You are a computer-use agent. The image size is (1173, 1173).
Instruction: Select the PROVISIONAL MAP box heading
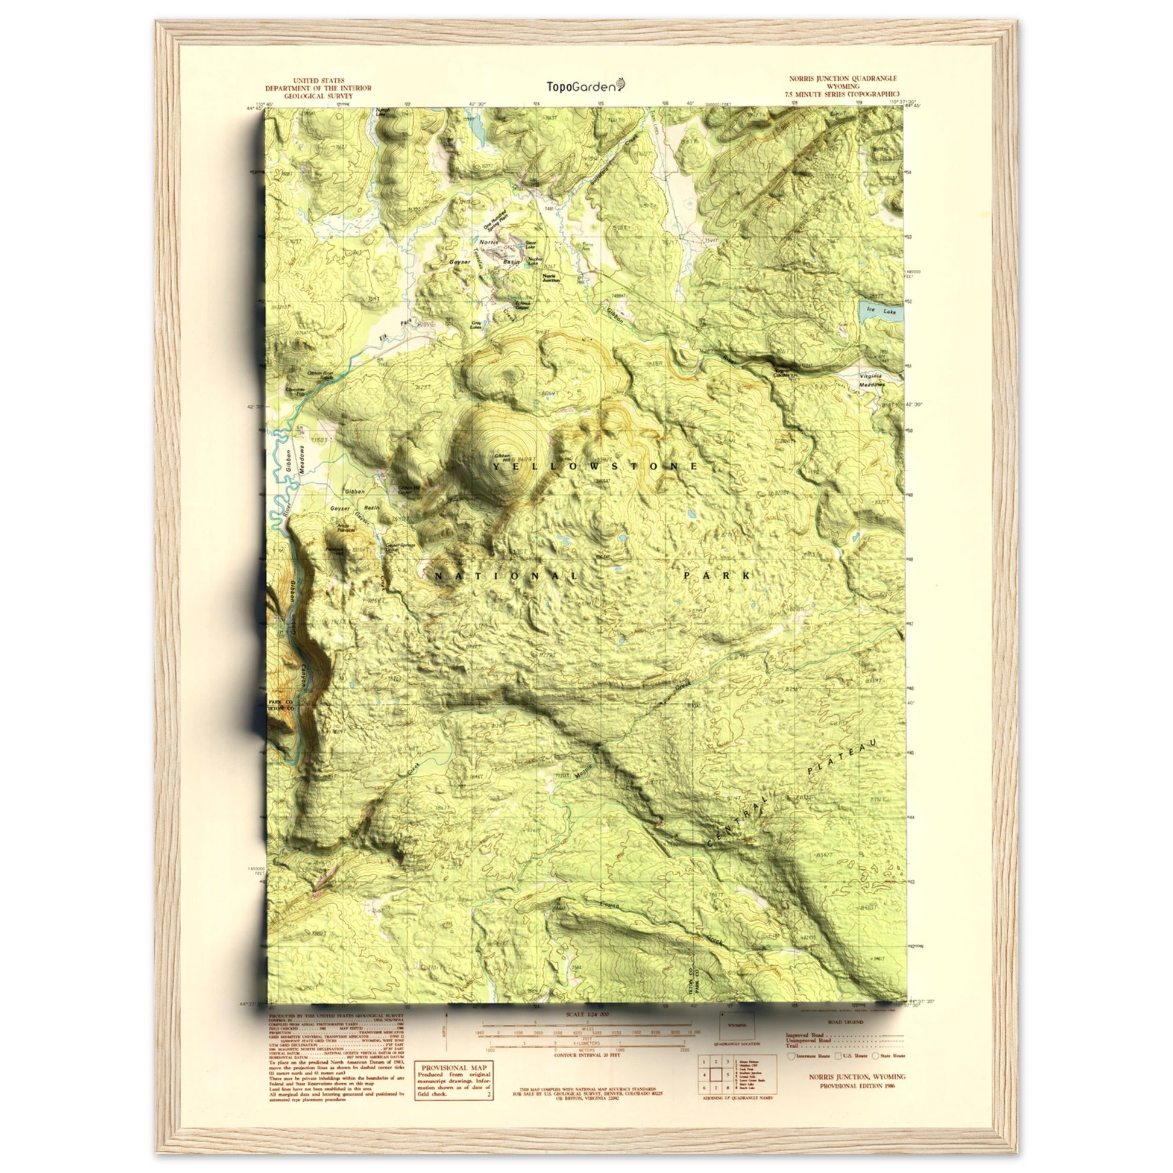click(x=453, y=1067)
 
